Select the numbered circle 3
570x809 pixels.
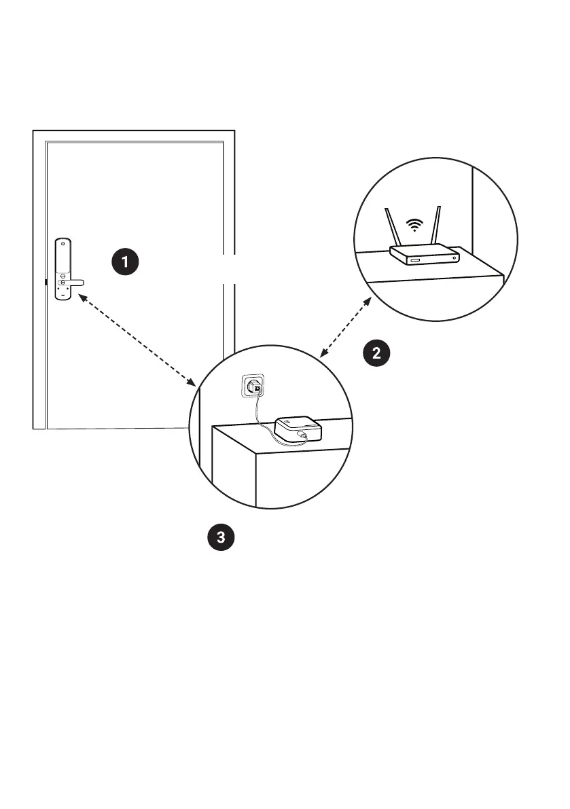220,537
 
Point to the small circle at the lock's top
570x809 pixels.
63,242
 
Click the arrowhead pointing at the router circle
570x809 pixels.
368,302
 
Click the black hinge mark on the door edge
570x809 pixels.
45,281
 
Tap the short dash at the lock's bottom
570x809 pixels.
63,295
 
